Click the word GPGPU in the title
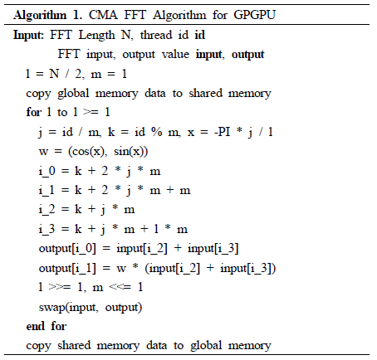tap(254, 15)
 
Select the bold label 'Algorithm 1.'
tap(47, 15)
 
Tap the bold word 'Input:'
tap(28, 36)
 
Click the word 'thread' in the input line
tap(156, 35)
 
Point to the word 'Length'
tap(96, 36)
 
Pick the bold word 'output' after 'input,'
tap(248, 55)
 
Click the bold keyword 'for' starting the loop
tap(33, 112)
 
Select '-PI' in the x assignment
tap(222, 132)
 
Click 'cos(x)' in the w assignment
tap(88, 151)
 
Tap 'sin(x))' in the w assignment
tap(131, 151)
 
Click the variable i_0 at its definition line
tap(47, 171)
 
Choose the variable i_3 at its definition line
tap(47, 229)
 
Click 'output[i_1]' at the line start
tap(67, 268)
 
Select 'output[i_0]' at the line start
tap(67, 249)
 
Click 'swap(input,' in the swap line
tap(68, 307)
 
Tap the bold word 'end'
tap(36, 326)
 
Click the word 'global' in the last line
tap(206, 346)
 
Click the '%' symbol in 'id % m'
tap(157, 132)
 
